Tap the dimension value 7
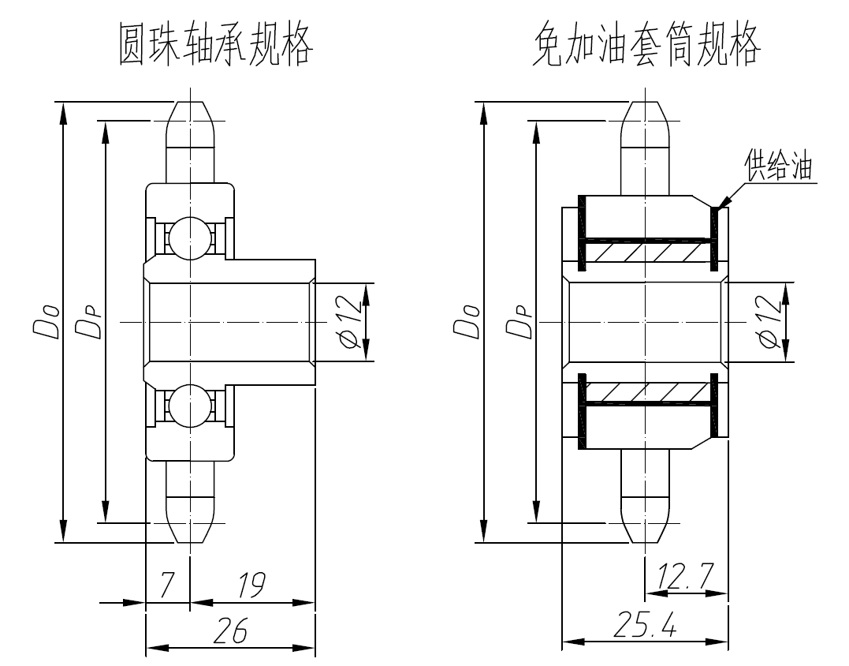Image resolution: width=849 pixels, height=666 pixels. tap(166, 585)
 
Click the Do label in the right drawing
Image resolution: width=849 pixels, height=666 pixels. tap(467, 322)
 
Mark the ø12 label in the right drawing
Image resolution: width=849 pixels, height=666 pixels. tap(770, 322)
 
